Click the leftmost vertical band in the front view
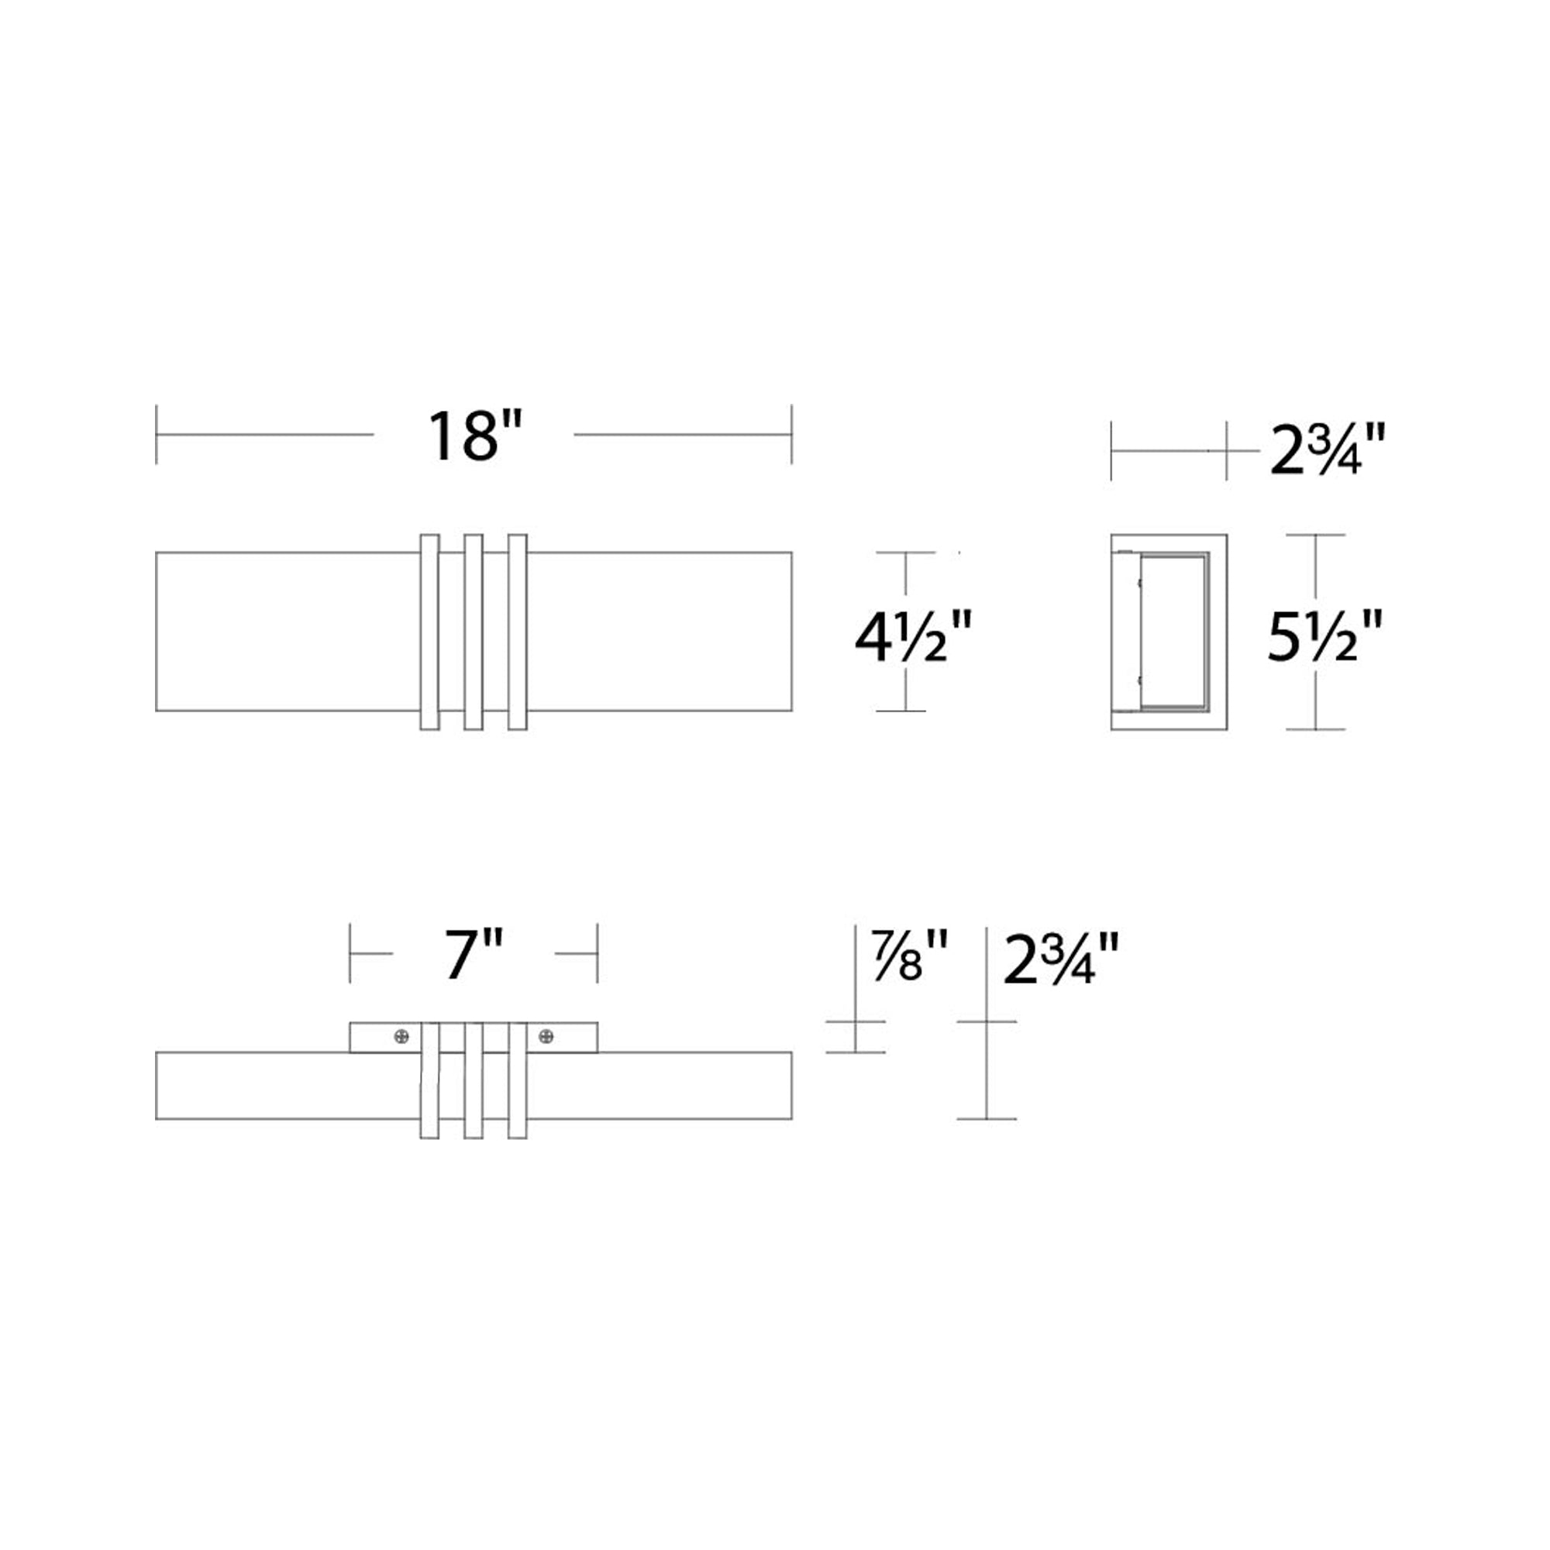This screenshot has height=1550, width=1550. point(429,632)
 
